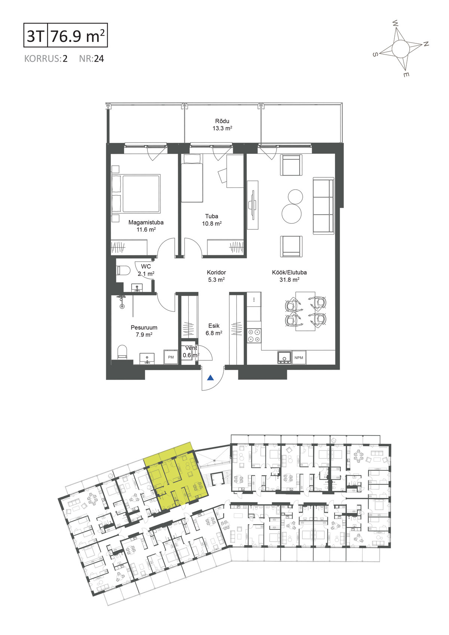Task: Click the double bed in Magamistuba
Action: (x=136, y=193)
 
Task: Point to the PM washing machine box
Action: (x=171, y=357)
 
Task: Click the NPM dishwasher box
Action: (x=299, y=357)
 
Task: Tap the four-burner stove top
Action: (x=254, y=335)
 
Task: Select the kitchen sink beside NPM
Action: (x=284, y=358)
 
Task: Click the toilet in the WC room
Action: (x=123, y=271)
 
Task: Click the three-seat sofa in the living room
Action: (x=323, y=206)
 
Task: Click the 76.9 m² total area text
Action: (x=77, y=36)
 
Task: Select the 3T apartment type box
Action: (x=36, y=35)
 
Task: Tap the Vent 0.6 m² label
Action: (x=191, y=351)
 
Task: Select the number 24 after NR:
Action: (x=99, y=59)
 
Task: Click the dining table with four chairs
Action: (x=306, y=311)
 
